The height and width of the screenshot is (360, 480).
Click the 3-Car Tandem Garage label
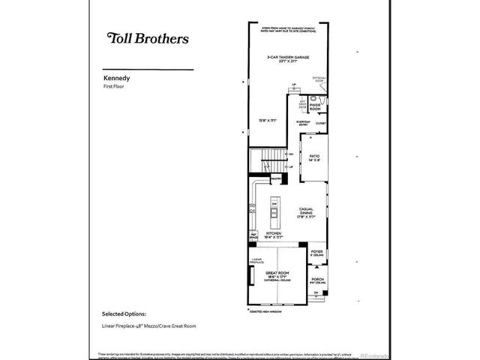click(x=289, y=59)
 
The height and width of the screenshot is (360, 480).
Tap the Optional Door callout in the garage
click(x=318, y=80)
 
